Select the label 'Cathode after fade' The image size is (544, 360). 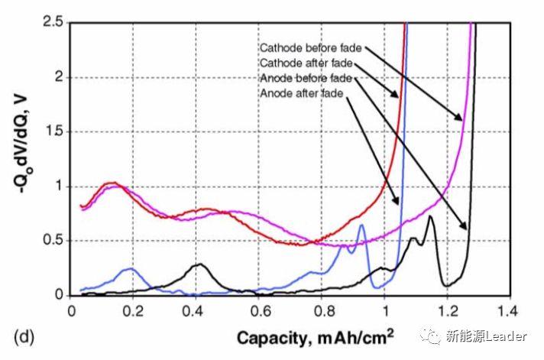coord(304,63)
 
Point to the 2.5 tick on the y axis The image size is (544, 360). coord(53,23)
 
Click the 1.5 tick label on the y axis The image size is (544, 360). coord(53,131)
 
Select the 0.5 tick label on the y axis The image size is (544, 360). coord(53,241)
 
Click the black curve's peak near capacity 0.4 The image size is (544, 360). coord(199,264)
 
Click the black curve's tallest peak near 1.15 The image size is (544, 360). coord(430,217)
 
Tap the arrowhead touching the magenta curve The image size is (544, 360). coord(461,118)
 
